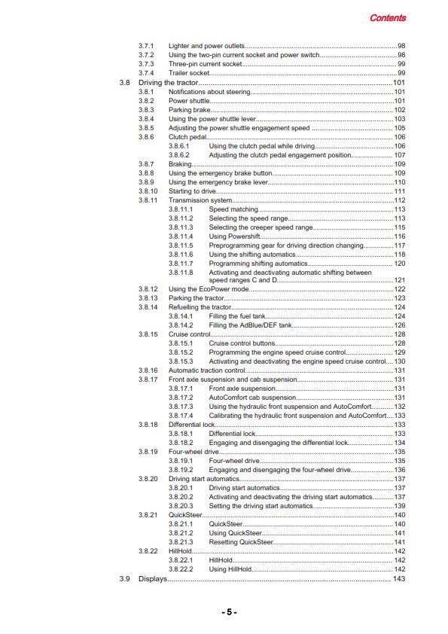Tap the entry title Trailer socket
[x=188, y=73]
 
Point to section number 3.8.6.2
[x=181, y=154]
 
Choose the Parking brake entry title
[x=190, y=109]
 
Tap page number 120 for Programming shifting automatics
[x=400, y=264]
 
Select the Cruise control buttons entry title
[x=242, y=343]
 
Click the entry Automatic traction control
[x=207, y=370]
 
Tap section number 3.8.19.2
[x=181, y=470]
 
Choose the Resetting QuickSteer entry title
[x=241, y=542]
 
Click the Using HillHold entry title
[x=230, y=569]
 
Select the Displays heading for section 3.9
[x=153, y=578]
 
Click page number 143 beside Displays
[x=400, y=578]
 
